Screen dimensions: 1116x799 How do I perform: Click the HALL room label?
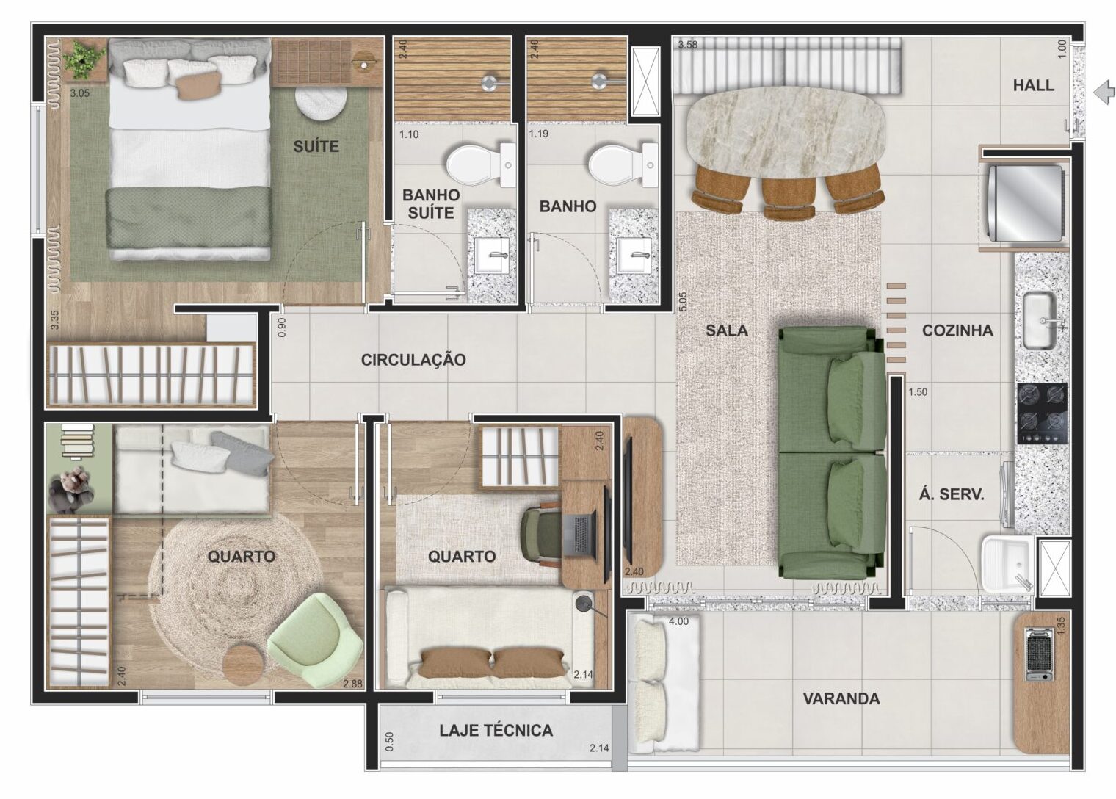(1033, 85)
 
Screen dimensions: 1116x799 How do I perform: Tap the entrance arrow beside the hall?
(1104, 93)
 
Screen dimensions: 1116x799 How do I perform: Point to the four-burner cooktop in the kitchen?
(1042, 413)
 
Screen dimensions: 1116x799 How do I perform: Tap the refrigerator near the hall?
(1027, 203)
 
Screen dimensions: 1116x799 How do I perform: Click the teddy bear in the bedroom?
(72, 490)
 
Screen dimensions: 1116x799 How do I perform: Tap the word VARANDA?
(841, 699)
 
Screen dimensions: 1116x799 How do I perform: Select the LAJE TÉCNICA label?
(496, 731)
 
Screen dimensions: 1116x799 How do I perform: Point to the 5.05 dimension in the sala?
(683, 302)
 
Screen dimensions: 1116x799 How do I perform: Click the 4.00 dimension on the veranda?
(678, 621)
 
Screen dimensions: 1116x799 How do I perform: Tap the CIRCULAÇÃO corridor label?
(413, 360)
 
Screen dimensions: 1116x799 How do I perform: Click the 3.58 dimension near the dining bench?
(687, 45)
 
